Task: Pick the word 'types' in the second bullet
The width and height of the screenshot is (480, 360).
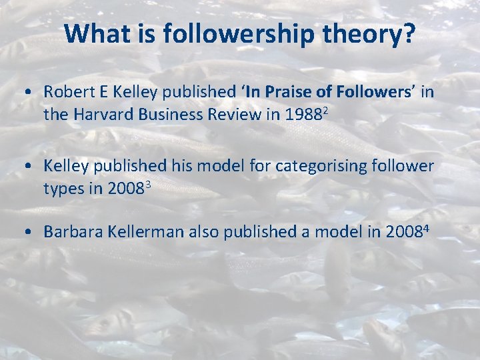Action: coord(63,189)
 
